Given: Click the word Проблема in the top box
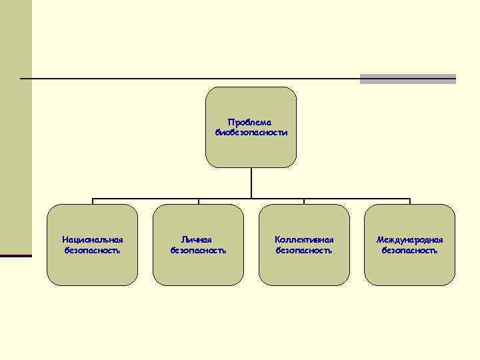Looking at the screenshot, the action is point(251,122).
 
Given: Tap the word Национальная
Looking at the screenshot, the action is point(93,239).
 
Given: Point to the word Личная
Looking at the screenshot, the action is point(198,239).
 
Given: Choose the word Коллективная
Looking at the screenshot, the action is point(304,239).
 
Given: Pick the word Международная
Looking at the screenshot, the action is point(409,239).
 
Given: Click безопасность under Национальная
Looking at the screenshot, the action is point(93,251).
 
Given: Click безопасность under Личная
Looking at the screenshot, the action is point(198,251).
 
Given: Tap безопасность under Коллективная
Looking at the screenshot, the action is point(304,251).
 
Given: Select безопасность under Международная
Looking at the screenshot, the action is point(409,251).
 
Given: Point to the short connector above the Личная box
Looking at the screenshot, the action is point(198,201).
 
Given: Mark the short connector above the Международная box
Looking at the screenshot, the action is point(409,201).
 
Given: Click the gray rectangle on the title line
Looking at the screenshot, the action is point(407,79).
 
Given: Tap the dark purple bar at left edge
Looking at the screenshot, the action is point(15,256).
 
